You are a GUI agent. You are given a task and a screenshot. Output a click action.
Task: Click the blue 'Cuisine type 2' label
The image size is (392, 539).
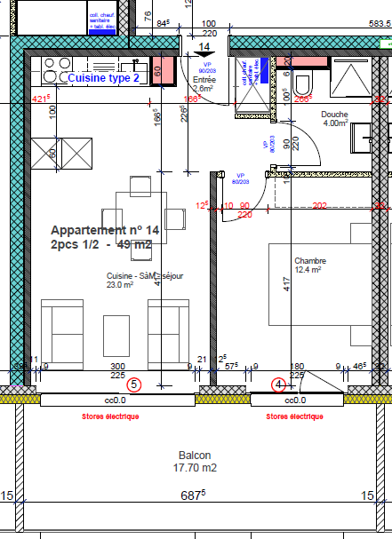click(x=104, y=78)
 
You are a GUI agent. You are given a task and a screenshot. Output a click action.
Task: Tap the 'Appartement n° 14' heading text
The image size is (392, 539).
click(x=105, y=229)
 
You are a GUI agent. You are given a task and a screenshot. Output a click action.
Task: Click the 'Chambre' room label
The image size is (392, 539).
click(x=310, y=261)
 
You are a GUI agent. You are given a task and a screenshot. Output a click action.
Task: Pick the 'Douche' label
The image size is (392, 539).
click(x=334, y=115)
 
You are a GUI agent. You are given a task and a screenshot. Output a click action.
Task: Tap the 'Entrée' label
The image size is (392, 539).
click(x=204, y=79)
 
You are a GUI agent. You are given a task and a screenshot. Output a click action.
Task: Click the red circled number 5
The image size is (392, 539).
click(x=134, y=384)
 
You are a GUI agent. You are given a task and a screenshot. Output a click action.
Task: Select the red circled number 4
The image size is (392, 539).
click(x=279, y=384)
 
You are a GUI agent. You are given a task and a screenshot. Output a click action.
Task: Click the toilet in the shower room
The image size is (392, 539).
click(x=303, y=84)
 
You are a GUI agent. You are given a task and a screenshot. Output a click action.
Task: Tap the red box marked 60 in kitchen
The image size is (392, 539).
click(x=157, y=71)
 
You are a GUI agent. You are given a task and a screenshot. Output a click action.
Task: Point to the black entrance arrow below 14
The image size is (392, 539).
click(x=204, y=57)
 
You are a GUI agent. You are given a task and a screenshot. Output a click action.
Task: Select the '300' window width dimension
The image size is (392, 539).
click(x=116, y=366)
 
